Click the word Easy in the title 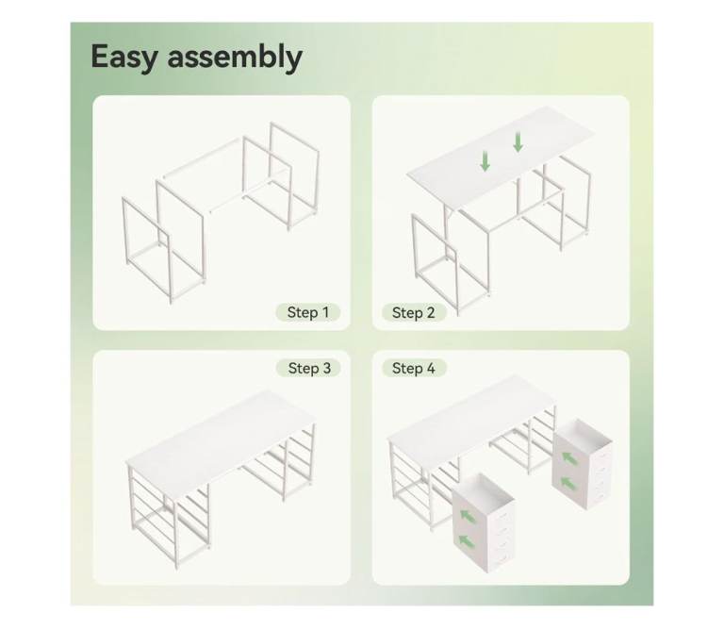(124, 58)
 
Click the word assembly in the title (235, 58)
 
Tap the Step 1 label (308, 312)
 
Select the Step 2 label (413, 313)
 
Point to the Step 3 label (309, 368)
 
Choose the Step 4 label (413, 368)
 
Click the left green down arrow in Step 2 (485, 161)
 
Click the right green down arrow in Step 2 (518, 142)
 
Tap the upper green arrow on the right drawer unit (569, 458)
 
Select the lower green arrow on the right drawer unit (568, 484)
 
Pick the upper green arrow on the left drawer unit (469, 516)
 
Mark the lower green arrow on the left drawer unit (468, 541)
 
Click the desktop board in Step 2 (500, 157)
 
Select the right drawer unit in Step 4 (583, 464)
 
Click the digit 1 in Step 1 (325, 312)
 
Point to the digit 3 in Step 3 (326, 368)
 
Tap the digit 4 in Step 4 (430, 368)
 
